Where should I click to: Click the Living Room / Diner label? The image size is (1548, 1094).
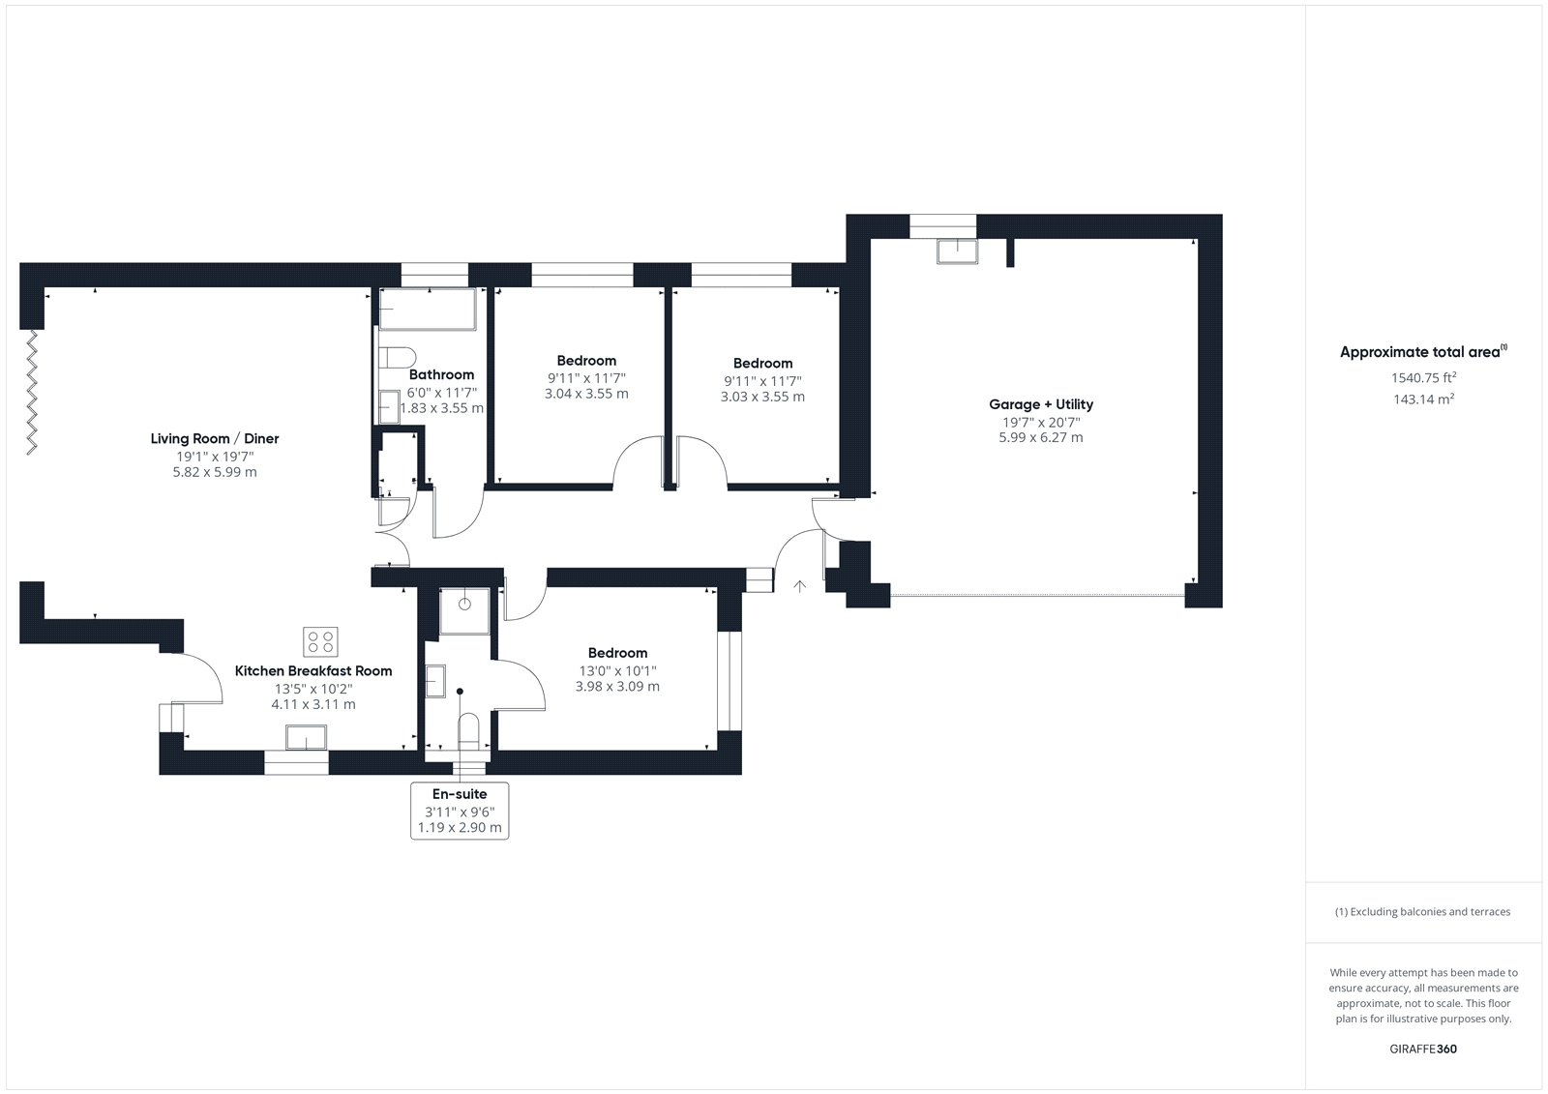215,438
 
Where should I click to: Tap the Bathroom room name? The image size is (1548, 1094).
441,374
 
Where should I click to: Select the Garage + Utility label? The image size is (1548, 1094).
1041,404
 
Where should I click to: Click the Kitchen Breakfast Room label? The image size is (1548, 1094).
313,670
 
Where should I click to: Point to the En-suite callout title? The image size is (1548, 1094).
460,794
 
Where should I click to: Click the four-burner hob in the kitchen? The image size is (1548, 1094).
320,642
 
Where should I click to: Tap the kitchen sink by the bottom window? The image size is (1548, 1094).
306,737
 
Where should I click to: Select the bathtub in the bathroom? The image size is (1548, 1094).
428,309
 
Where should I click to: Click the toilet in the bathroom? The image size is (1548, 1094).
397,357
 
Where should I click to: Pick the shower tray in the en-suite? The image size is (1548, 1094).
464,611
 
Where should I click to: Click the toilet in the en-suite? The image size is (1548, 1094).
468,730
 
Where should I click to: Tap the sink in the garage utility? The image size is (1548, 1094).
957,251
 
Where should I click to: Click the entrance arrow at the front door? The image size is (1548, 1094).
799,586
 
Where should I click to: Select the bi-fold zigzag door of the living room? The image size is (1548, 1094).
32,393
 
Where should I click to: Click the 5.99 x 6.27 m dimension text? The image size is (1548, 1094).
1041,437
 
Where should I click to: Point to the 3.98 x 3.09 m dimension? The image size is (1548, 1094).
617,686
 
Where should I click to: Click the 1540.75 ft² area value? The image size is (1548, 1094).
1423,377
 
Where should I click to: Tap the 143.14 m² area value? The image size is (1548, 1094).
1423,399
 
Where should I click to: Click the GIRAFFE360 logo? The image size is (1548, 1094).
1423,1049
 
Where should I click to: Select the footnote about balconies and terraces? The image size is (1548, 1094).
1422,911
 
